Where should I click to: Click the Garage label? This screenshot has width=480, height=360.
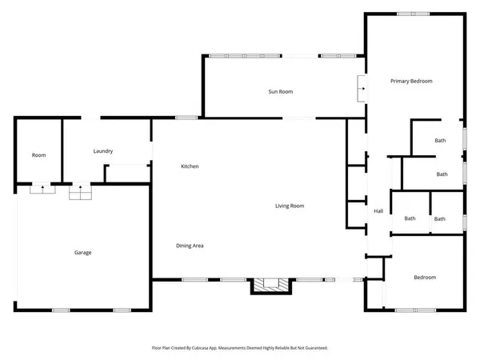(x=83, y=253)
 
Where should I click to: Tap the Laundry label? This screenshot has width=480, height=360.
(x=102, y=151)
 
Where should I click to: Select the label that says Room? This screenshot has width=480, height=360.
(x=38, y=155)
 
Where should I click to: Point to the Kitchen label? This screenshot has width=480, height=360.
(x=190, y=166)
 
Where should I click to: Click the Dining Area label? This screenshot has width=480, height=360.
(x=190, y=246)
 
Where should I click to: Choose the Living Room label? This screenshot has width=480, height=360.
(x=290, y=206)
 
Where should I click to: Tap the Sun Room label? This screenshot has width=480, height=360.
(x=280, y=92)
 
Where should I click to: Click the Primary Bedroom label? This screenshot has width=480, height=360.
(x=411, y=82)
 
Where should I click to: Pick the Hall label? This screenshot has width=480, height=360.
(x=379, y=211)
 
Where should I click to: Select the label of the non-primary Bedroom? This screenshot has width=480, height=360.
(x=425, y=278)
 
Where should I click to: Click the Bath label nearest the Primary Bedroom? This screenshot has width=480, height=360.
(x=440, y=141)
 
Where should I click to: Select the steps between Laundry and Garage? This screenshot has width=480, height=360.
(x=80, y=192)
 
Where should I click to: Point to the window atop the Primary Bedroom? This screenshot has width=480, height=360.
(x=414, y=14)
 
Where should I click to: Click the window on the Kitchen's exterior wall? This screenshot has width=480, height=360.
(x=186, y=118)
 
